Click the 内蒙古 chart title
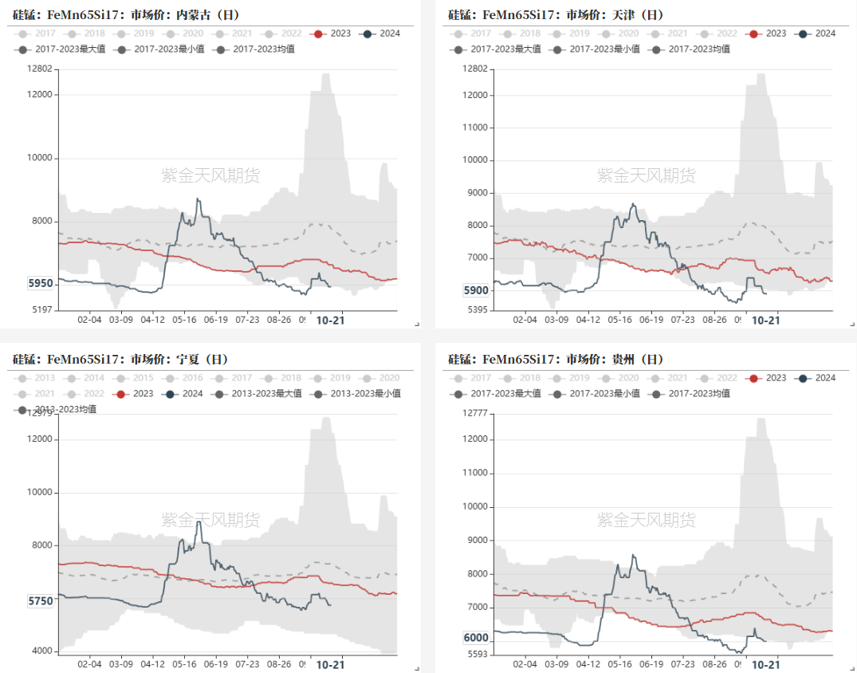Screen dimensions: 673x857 pyautogui.click(x=126, y=15)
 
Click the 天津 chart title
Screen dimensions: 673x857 pyautogui.click(x=556, y=15)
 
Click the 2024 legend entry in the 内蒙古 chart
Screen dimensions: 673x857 pyautogui.click(x=381, y=33)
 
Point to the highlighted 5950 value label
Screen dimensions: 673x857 pyautogui.click(x=41, y=283)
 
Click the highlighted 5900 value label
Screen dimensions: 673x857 pyautogui.click(x=476, y=290)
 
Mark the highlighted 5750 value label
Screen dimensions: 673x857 pyautogui.click(x=41, y=601)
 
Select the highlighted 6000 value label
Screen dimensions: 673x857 pyautogui.click(x=476, y=638)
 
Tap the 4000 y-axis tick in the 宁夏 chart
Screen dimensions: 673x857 pyautogui.click(x=41, y=651)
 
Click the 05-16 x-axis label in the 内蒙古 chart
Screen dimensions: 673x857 pyautogui.click(x=184, y=319)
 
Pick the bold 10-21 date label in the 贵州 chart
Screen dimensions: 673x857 pyautogui.click(x=765, y=664)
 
